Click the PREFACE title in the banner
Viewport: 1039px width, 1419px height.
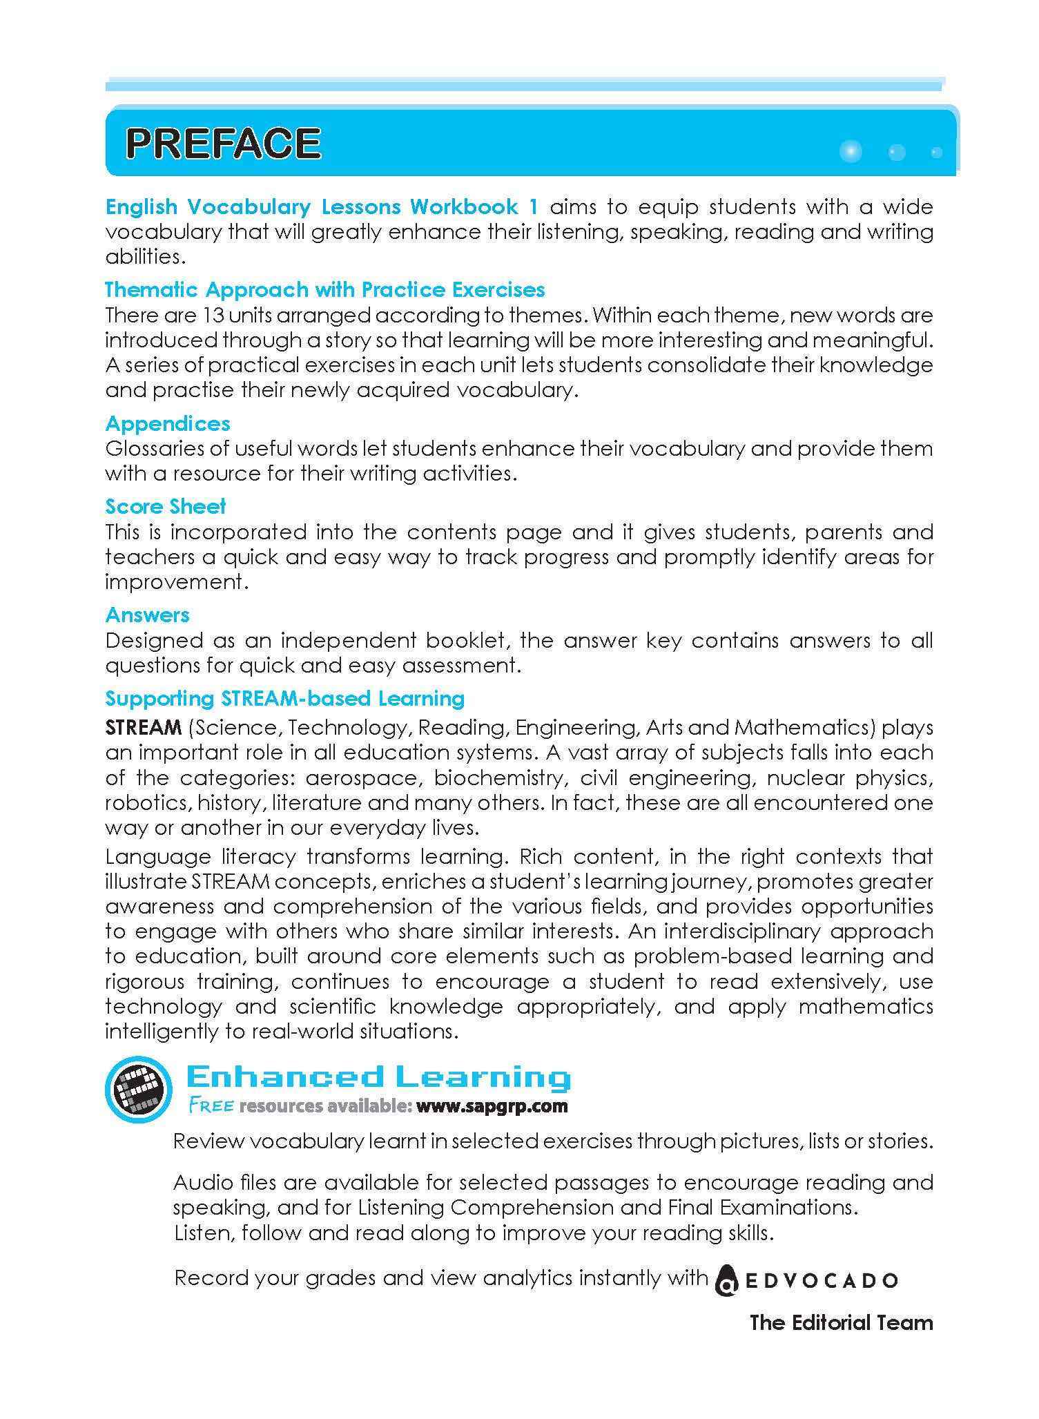tap(223, 144)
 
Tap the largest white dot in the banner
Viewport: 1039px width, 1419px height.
tap(851, 151)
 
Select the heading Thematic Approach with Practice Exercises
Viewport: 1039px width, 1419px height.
tap(325, 289)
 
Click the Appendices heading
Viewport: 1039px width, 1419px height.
tap(168, 423)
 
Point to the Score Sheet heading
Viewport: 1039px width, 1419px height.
tap(166, 506)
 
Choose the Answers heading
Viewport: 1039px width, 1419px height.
tap(147, 615)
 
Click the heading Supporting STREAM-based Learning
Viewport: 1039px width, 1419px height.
tap(285, 698)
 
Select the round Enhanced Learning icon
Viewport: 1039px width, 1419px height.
tap(138, 1089)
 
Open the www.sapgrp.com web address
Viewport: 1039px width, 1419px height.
tap(492, 1106)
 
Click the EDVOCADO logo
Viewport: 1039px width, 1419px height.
tap(806, 1280)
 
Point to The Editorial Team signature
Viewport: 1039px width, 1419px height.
tap(841, 1322)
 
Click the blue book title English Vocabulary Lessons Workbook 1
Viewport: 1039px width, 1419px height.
tap(322, 206)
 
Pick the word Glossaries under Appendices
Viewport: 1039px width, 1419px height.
tap(156, 449)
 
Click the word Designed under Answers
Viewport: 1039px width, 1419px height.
tap(154, 641)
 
